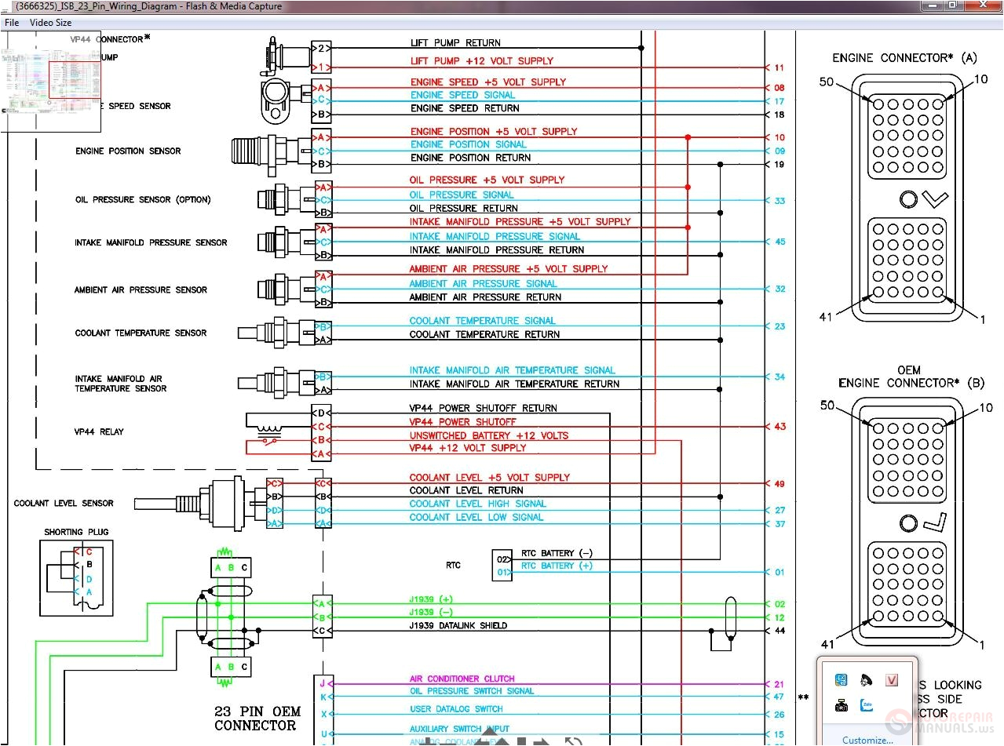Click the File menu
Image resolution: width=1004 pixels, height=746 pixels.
click(12, 23)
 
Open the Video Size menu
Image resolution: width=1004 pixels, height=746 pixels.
click(50, 23)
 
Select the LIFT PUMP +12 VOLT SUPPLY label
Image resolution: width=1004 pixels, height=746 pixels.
click(481, 61)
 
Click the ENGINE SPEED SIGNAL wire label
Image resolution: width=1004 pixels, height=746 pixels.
click(462, 95)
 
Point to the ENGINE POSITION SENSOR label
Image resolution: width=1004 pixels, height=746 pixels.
click(128, 151)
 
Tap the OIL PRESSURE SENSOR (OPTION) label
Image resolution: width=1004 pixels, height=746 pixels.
click(143, 199)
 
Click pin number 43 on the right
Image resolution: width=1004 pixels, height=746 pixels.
click(779, 427)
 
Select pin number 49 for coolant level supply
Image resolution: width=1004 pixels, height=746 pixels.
click(779, 484)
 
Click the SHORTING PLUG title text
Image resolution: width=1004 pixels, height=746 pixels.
click(76, 532)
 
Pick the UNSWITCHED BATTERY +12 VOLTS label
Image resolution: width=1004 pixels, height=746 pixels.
click(488, 435)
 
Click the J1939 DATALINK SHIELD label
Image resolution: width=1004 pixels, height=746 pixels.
click(458, 626)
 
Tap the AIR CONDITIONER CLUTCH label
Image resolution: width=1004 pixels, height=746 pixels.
click(462, 679)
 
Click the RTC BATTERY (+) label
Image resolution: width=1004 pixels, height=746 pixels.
click(557, 566)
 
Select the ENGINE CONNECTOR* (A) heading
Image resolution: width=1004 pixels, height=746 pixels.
click(904, 58)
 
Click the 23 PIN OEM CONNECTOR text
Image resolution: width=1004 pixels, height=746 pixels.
click(257, 719)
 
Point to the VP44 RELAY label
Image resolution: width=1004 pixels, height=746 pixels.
click(99, 431)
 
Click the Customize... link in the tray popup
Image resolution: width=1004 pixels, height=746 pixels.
click(867, 740)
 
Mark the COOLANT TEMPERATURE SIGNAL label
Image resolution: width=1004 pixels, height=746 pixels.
click(482, 321)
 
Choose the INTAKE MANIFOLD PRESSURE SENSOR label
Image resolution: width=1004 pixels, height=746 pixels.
click(151, 242)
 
